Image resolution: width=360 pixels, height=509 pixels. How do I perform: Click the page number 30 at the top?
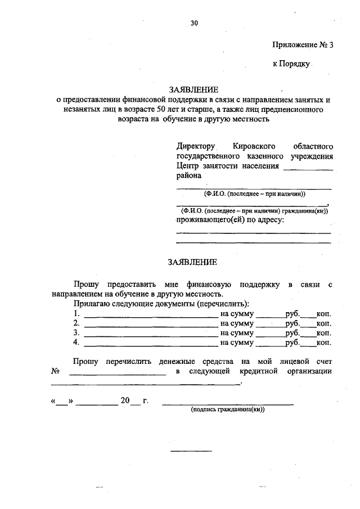point(194,23)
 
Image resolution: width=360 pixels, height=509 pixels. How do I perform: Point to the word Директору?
point(196,146)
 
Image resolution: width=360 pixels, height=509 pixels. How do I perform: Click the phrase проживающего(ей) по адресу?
point(230,220)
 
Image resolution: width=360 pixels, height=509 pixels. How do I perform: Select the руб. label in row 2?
point(292,323)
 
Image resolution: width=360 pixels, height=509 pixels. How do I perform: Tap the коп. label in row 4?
point(323,342)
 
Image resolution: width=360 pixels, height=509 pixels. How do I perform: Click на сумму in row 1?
point(237,313)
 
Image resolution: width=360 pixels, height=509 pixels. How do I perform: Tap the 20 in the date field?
point(124,400)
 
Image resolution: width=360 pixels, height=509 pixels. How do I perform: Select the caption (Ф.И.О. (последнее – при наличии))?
point(254,193)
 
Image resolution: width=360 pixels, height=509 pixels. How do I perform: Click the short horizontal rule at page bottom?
point(191,451)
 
